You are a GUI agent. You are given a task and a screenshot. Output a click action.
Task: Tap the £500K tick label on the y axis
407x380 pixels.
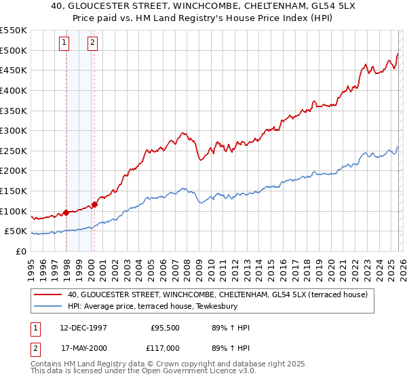pos(13,50)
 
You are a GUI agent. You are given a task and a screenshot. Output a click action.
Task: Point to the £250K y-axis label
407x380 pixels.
pos(13,151)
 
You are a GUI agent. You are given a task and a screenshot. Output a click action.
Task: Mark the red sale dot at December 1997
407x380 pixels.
pos(66,212)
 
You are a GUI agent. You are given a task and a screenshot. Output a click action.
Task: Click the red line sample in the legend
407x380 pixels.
pos(48,294)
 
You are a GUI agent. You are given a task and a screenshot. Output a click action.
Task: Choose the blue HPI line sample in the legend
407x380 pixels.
pos(48,306)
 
